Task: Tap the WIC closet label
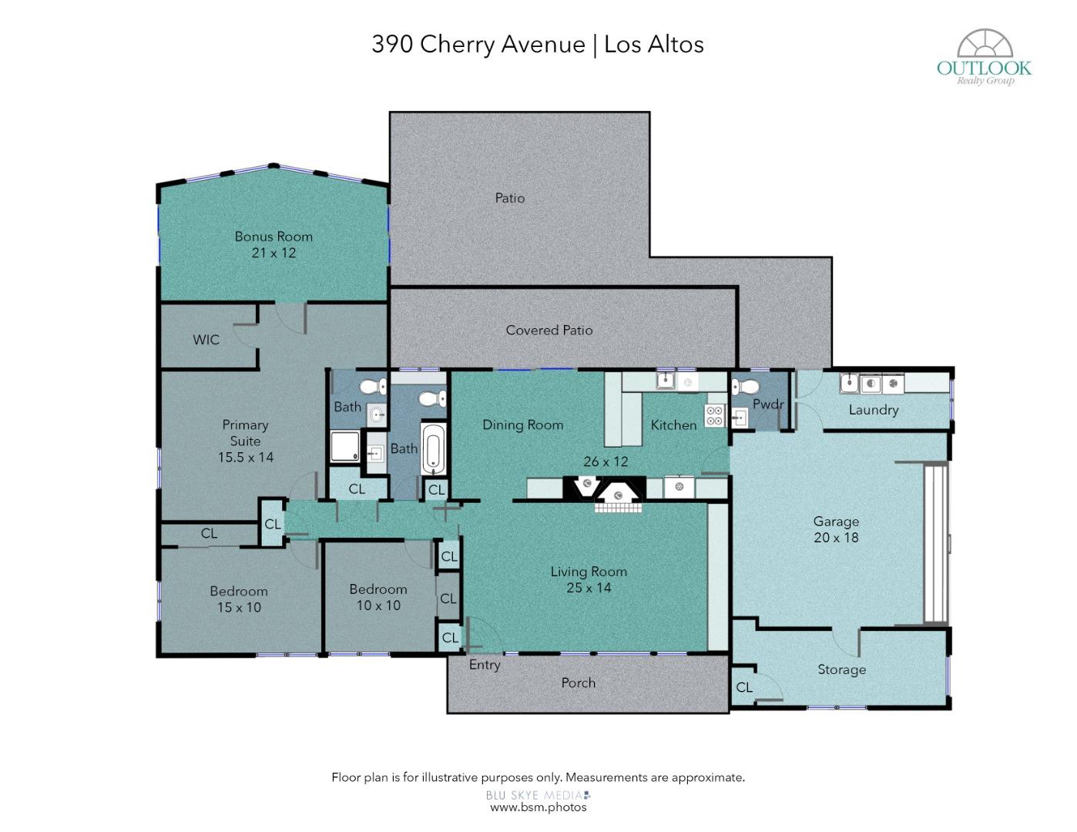click(x=206, y=340)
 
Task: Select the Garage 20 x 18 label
click(x=836, y=528)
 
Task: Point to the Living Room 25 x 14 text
click(x=589, y=579)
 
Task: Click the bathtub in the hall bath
click(x=433, y=449)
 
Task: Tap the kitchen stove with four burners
click(x=714, y=415)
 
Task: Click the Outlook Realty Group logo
click(x=985, y=57)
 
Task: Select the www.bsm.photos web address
click(x=538, y=807)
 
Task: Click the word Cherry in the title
click(x=458, y=44)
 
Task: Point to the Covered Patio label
click(x=549, y=330)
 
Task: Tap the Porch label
click(x=579, y=683)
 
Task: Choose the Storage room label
click(x=841, y=669)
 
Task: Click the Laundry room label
click(x=874, y=410)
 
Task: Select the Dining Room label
click(x=523, y=424)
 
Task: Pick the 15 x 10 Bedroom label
click(x=239, y=599)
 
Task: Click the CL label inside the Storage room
click(x=744, y=687)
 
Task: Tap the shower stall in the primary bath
click(x=345, y=447)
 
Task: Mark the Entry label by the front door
click(x=485, y=665)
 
